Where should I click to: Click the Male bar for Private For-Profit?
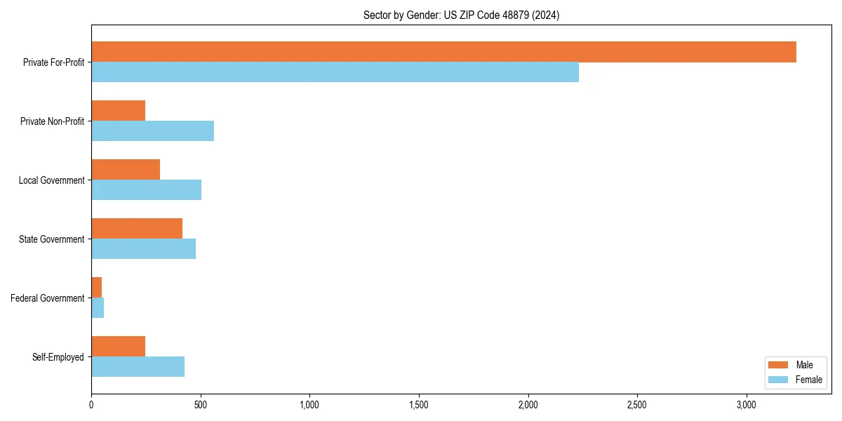tap(443, 52)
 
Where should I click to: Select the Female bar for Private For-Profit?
tap(335, 72)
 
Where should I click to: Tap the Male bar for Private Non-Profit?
tap(118, 111)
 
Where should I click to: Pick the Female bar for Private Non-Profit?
tap(152, 131)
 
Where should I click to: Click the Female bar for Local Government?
tap(146, 190)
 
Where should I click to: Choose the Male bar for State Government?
tap(137, 229)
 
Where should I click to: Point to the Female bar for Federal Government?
tap(98, 308)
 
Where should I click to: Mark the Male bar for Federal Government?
tap(96, 288)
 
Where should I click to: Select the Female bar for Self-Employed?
tap(138, 367)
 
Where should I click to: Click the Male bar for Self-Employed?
tap(118, 347)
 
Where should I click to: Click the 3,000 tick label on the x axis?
tap(747, 405)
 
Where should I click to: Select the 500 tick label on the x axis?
tap(201, 405)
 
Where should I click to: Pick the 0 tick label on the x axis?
tap(91, 405)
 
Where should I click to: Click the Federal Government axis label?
tap(48, 298)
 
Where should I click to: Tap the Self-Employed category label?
tap(58, 357)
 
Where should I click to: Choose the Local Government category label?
tap(52, 180)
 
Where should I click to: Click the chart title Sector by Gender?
tap(461, 15)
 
